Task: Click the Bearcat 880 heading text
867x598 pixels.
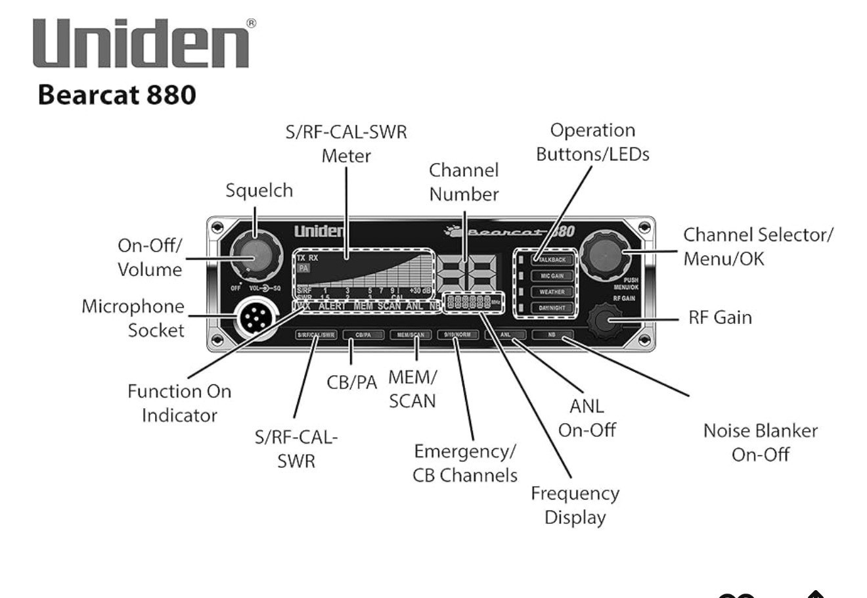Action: pos(117,95)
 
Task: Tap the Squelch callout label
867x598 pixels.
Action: pos(259,191)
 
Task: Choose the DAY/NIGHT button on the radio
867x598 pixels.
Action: pos(552,308)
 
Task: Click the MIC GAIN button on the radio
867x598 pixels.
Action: pos(552,276)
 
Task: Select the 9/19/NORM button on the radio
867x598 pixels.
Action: pos(458,334)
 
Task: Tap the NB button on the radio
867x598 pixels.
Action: pos(552,334)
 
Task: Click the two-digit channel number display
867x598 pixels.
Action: pos(466,270)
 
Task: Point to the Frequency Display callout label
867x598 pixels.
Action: pos(575,505)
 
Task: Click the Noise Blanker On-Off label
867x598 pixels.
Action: pos(760,442)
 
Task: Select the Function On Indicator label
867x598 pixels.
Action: pos(179,403)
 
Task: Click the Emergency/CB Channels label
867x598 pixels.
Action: pos(464,463)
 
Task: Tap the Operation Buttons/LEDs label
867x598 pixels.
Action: pos(592,142)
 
